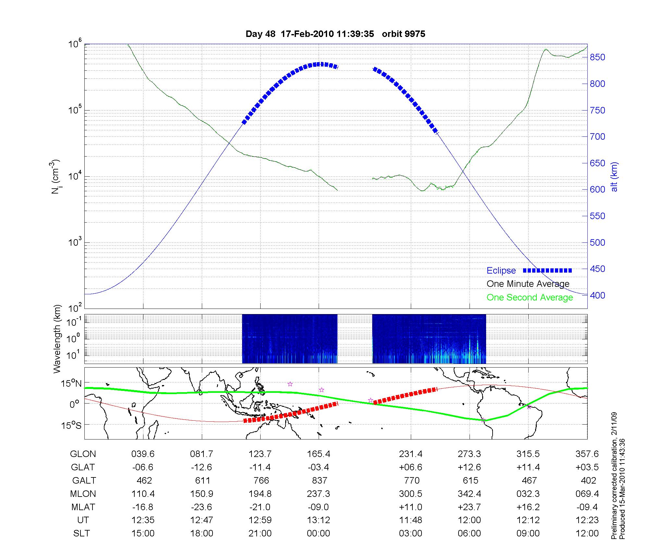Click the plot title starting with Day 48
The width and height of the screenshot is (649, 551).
pos(335,34)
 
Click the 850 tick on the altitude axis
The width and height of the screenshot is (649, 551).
pos(597,57)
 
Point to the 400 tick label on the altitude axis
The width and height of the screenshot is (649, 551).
pos(597,296)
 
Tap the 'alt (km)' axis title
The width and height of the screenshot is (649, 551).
pos(614,177)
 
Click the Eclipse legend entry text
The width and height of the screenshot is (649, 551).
pos(501,270)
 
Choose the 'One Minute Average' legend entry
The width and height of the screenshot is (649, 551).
pos(528,284)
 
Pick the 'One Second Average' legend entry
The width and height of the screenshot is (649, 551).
pos(530,298)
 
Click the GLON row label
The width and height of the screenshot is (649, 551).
pos(83,454)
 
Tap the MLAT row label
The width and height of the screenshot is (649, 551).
pos(83,507)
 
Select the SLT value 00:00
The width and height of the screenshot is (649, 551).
pos(318,533)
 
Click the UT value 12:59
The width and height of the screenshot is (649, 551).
pos(260,520)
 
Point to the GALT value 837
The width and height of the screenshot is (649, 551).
pos(319,480)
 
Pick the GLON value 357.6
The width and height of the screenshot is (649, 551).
pos(587,454)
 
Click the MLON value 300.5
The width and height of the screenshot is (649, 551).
pos(411,494)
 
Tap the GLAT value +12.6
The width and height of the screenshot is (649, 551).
pos(470,467)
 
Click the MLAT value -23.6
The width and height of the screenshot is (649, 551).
pos(202,507)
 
